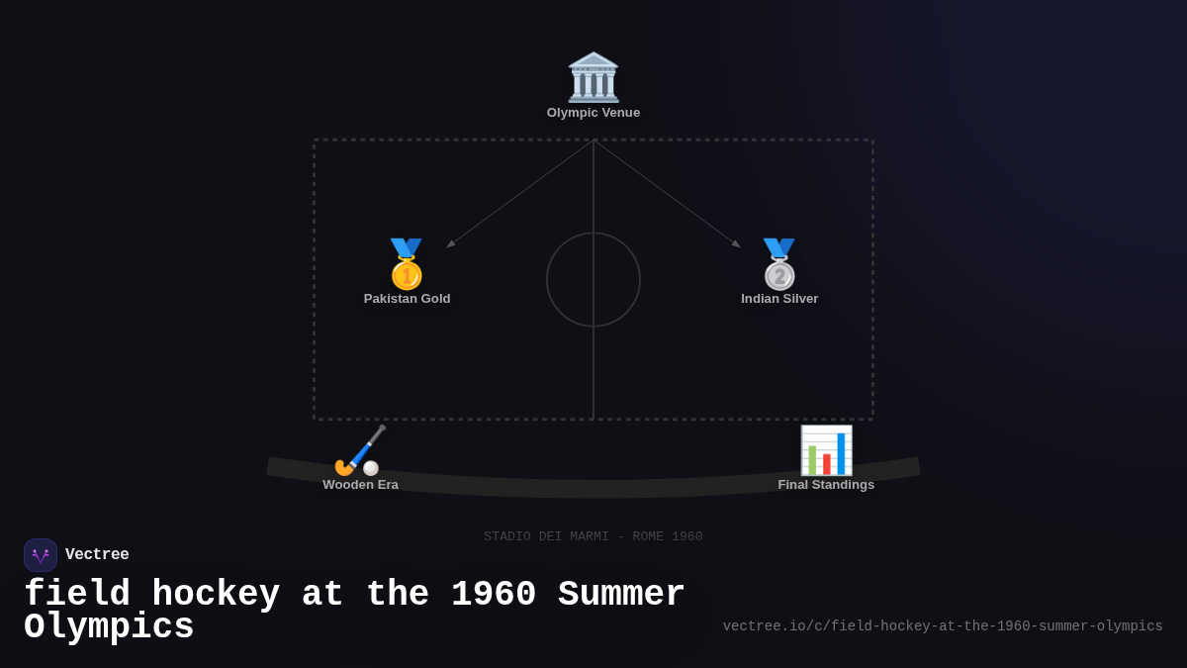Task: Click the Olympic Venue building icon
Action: tap(593, 77)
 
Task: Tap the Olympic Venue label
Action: tap(593, 113)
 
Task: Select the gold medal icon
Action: tap(407, 263)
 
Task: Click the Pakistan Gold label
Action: tap(407, 299)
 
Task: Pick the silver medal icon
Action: tap(779, 263)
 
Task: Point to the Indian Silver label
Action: tap(779, 299)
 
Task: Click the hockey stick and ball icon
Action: tap(360, 450)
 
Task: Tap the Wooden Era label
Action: tap(360, 485)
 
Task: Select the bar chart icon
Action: tap(826, 450)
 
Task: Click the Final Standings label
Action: tap(826, 485)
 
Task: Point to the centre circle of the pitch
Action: tap(593, 279)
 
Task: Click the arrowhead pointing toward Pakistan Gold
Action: tap(451, 243)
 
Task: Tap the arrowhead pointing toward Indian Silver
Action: tap(735, 243)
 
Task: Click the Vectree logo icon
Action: tap(41, 555)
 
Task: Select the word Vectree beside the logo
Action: tap(97, 555)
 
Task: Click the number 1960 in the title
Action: tap(494, 595)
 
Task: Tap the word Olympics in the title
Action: tap(109, 627)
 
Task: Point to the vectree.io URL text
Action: tap(943, 626)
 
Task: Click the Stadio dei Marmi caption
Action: tap(593, 536)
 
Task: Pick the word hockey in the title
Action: tap(216, 595)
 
